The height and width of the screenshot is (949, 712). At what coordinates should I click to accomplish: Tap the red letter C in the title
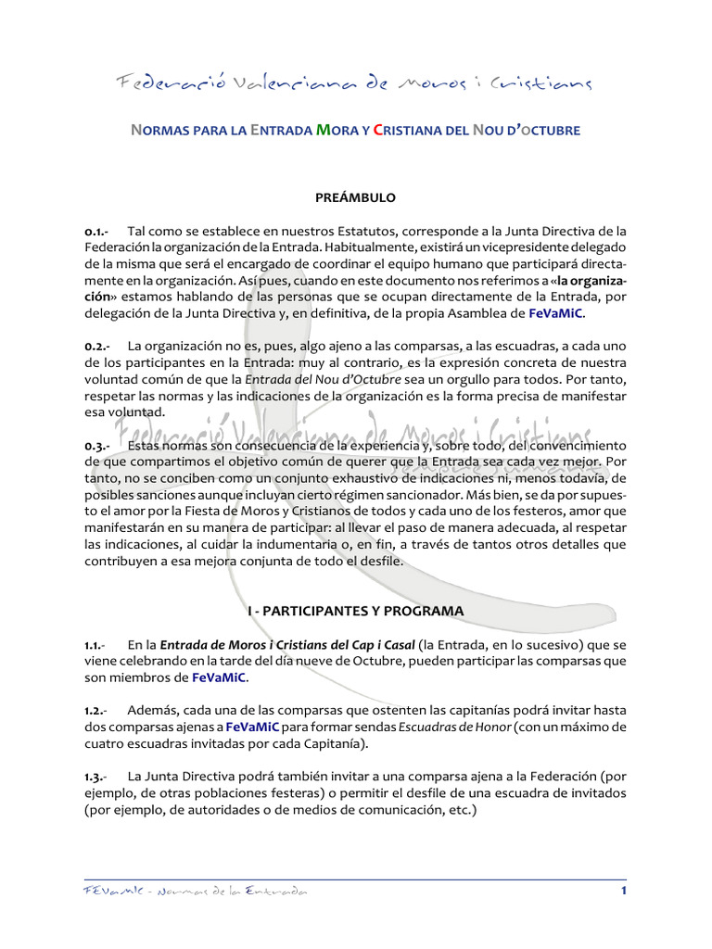click(378, 131)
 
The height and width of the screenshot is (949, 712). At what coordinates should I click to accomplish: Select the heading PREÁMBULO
click(355, 197)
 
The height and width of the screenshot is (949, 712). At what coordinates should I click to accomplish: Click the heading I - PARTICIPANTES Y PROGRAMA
click(355, 612)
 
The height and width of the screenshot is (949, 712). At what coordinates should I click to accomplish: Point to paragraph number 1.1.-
click(95, 644)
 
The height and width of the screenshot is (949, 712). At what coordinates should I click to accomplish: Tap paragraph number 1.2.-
click(96, 710)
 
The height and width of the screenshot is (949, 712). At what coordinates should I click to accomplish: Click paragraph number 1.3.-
click(96, 776)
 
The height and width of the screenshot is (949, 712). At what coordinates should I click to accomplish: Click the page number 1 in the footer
click(624, 892)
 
